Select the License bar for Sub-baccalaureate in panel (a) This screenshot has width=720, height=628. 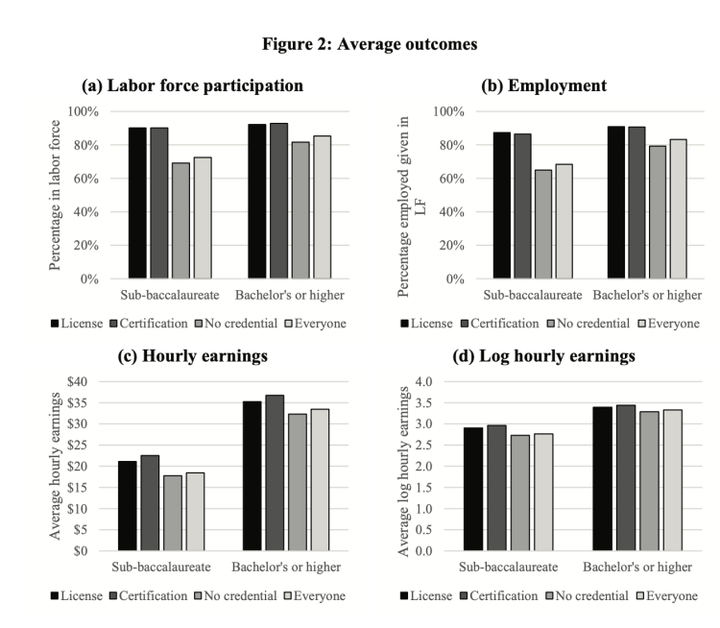[x=136, y=204]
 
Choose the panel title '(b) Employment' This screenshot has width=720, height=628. [x=543, y=85]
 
